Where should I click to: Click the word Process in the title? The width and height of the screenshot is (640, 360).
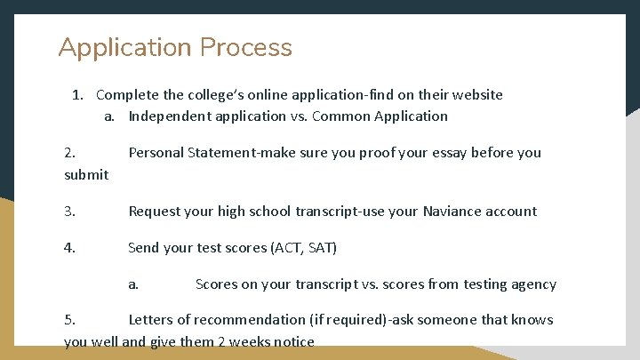click(x=246, y=48)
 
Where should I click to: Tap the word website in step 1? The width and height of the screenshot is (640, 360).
click(x=476, y=95)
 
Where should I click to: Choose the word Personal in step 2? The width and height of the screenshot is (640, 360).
click(x=156, y=153)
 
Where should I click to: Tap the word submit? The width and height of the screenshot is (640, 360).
click(x=86, y=175)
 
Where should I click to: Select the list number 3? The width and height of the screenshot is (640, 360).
click(x=69, y=212)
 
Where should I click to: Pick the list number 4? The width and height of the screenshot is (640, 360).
click(x=69, y=248)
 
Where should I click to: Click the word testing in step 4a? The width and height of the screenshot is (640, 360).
click(x=482, y=284)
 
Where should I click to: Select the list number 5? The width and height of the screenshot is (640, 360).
click(x=69, y=320)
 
